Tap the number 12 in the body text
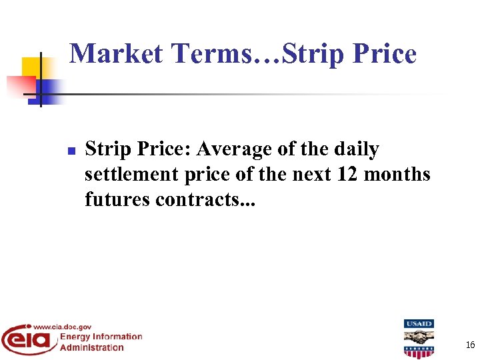pyautogui.click(x=350, y=175)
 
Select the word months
pyautogui.click(x=399, y=175)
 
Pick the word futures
pyautogui.click(x=117, y=199)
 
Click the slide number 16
pyautogui.click(x=470, y=345)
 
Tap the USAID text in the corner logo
pyautogui.click(x=419, y=324)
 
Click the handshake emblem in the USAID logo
pyautogui.click(x=419, y=337)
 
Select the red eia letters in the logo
pyautogui.click(x=27, y=341)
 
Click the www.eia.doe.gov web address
pyautogui.click(x=61, y=327)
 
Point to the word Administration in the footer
pyautogui.click(x=92, y=347)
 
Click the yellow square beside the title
pyautogui.click(x=31, y=67)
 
